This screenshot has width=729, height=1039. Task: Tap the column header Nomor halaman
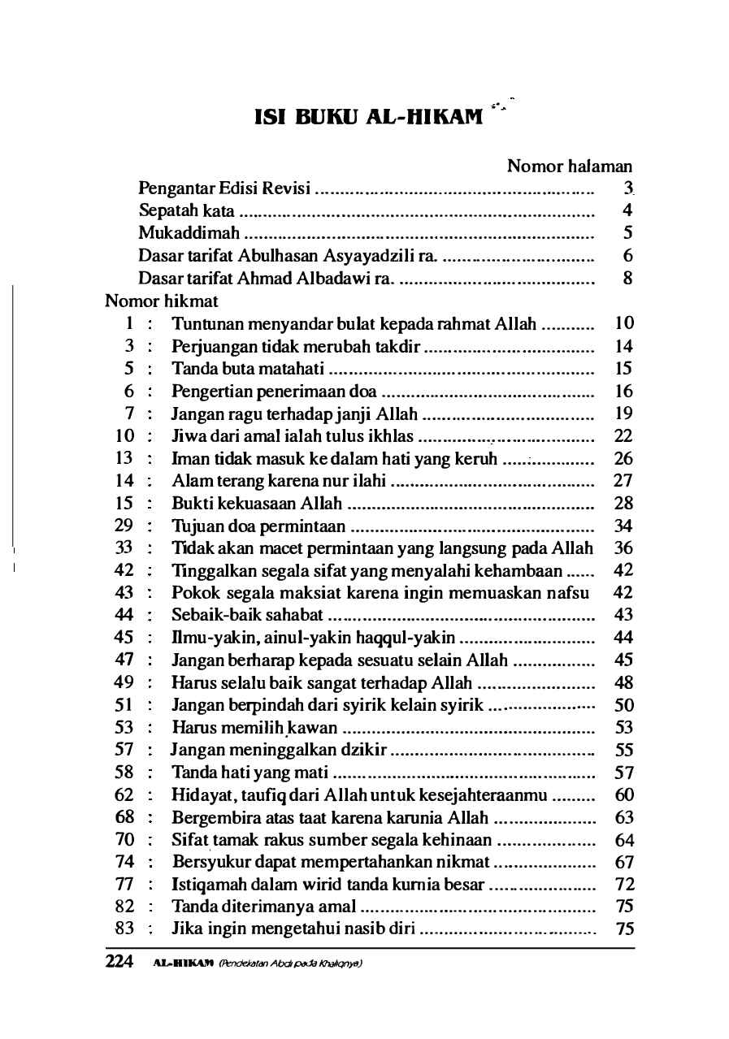pyautogui.click(x=570, y=167)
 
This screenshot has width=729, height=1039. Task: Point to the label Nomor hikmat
pyautogui.click(x=162, y=301)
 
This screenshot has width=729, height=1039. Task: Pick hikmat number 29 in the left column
pyautogui.click(x=124, y=526)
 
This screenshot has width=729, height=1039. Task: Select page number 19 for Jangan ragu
pyautogui.click(x=624, y=413)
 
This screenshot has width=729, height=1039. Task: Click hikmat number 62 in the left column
pyautogui.click(x=124, y=794)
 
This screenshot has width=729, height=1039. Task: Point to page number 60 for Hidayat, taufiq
pyautogui.click(x=624, y=794)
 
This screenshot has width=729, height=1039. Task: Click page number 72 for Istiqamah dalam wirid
pyautogui.click(x=624, y=885)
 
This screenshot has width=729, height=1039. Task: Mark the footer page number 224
pyautogui.click(x=119, y=962)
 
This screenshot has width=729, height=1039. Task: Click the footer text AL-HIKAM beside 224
pyautogui.click(x=178, y=963)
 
